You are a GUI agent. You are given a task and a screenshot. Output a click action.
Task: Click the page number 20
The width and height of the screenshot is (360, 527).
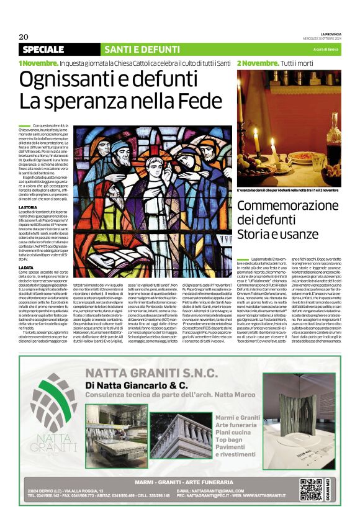(24, 36)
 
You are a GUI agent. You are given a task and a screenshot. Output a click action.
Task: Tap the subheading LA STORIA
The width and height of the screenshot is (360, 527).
(28, 207)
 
